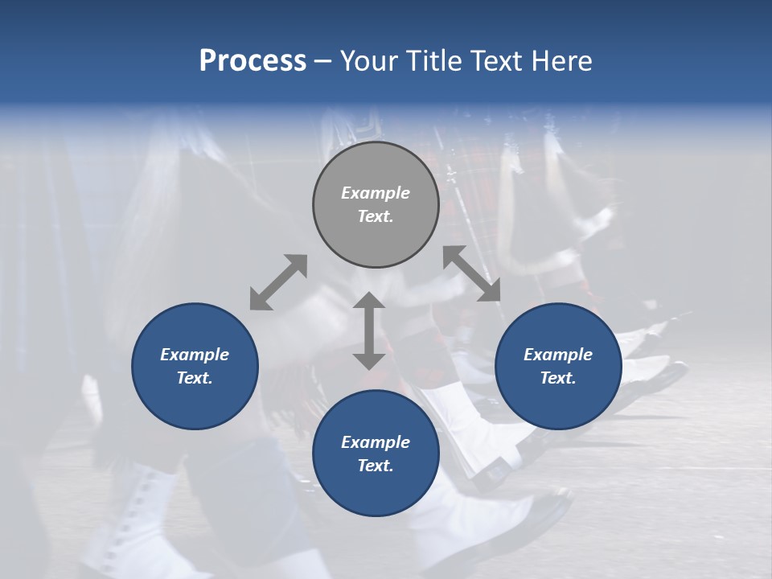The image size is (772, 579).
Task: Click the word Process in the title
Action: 253,61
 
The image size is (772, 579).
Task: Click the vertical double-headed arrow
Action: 369,331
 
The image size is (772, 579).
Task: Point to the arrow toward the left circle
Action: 278,282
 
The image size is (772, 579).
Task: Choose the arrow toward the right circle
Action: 472,273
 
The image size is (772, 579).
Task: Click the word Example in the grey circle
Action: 376,193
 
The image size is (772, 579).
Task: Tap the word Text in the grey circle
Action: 374,216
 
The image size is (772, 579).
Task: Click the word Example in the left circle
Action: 195,355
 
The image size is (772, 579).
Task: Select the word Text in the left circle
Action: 194,378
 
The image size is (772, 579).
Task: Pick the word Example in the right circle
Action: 558,355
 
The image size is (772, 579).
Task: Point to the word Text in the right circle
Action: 556,378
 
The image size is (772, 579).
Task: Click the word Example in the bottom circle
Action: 376,442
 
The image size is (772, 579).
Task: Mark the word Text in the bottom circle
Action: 374,466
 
